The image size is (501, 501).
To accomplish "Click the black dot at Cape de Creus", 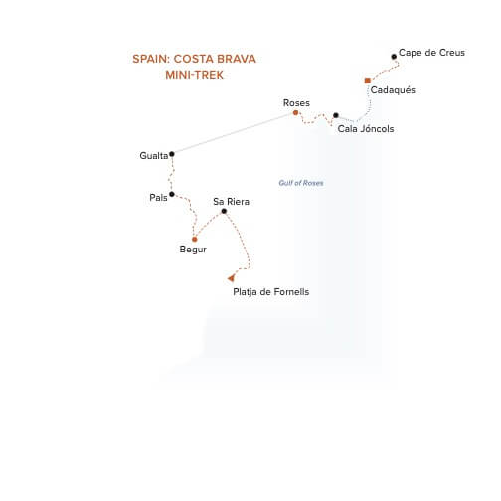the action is [394, 57].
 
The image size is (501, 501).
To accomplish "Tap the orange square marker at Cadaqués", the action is [368, 81].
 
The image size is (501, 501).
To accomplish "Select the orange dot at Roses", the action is [295, 113].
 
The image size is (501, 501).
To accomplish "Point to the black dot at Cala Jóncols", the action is [336, 115].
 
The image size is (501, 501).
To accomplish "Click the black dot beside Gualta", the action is [172, 154].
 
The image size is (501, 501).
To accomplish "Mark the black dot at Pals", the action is [172, 194].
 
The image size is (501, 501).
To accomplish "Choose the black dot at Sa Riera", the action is [224, 211].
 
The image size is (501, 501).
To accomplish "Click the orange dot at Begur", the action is [195, 240].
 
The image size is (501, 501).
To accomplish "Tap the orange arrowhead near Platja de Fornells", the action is [231, 278].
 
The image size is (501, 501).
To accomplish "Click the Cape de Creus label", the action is [431, 53].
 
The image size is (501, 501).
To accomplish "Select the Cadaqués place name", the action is [393, 90].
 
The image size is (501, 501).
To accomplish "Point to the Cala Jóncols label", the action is [366, 128].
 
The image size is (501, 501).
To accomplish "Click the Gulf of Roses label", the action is [301, 183].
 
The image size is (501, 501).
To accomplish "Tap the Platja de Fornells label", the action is [271, 292].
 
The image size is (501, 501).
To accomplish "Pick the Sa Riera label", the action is [232, 202].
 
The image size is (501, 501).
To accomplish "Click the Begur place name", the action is [193, 250].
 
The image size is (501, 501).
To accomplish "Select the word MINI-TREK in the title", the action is [195, 75].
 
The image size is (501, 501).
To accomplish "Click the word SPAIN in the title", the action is [151, 59].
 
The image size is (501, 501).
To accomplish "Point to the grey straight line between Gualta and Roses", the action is [234, 133].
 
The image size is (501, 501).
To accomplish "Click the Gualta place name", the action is [154, 156].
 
